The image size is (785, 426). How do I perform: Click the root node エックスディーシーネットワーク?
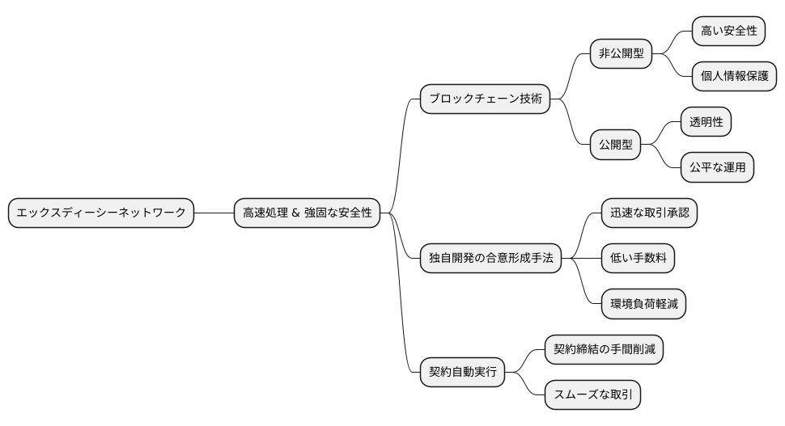click(101, 213)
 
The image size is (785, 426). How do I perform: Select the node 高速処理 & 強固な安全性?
click(308, 213)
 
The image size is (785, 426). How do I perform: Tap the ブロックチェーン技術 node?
click(485, 99)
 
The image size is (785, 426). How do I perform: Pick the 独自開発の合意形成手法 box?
click(490, 259)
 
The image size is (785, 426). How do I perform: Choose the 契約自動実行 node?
click(462, 372)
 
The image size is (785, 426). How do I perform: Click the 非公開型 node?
click(621, 54)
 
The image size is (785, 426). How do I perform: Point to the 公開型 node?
click(615, 145)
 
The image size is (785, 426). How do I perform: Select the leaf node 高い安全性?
click(729, 32)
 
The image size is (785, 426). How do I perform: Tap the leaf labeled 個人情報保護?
click(735, 77)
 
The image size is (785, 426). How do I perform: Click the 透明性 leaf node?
click(706, 122)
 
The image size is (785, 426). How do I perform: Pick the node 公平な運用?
click(717, 167)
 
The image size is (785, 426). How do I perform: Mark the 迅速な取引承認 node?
click(649, 213)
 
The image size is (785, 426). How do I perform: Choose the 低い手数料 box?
click(638, 259)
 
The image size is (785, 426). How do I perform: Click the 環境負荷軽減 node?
click(643, 304)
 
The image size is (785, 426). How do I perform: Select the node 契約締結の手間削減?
click(604, 349)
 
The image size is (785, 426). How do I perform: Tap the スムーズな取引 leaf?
click(592, 394)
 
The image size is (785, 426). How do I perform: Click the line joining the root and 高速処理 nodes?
click(214, 213)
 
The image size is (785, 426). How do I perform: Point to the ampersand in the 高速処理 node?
click(295, 213)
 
